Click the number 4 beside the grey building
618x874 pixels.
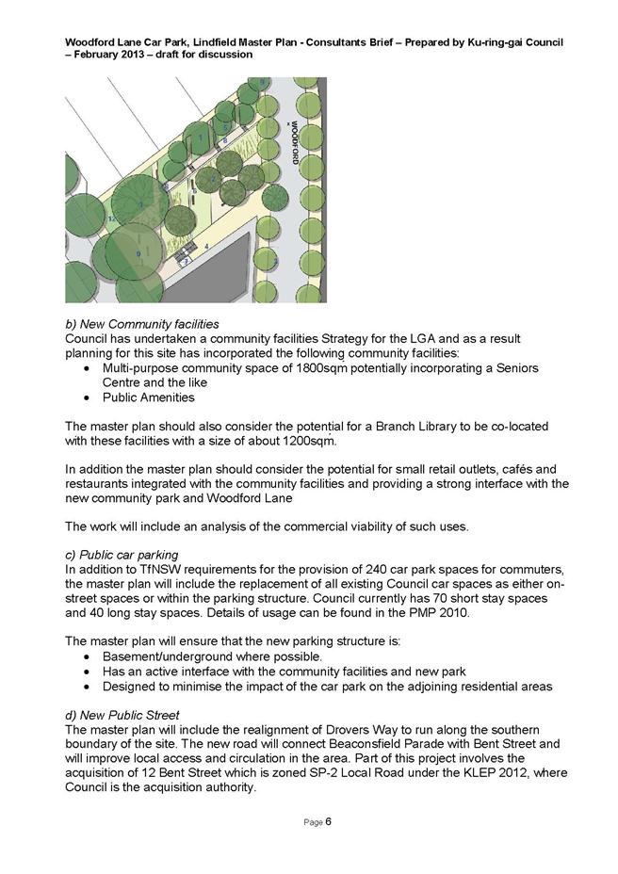(206, 246)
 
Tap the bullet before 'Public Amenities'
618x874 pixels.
(88, 398)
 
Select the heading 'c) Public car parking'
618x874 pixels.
(122, 555)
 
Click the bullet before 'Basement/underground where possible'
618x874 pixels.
(88, 656)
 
